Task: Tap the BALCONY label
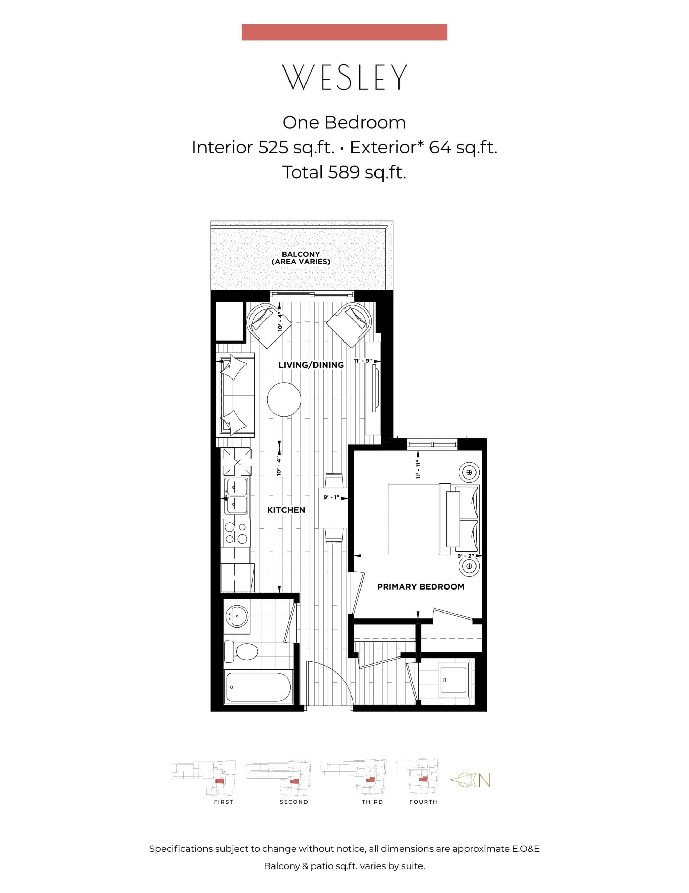tap(301, 254)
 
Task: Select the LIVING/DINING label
tap(311, 365)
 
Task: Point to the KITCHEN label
tap(286, 510)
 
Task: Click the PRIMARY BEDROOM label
tap(421, 586)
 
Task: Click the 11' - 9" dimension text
tap(363, 361)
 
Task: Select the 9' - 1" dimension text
tap(332, 498)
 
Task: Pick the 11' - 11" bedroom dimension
tap(418, 470)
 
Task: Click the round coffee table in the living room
tap(284, 399)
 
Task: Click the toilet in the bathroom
tap(242, 651)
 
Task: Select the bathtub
tap(258, 687)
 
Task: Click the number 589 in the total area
tap(343, 172)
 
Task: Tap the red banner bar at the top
tap(344, 32)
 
